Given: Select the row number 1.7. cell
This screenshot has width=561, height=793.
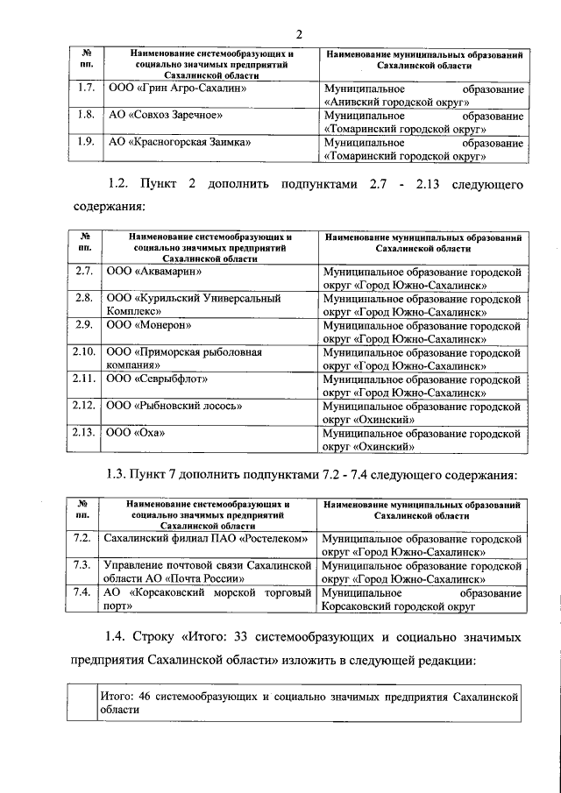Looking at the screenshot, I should [86, 89].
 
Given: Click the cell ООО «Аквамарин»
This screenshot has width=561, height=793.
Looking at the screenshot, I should [154, 272].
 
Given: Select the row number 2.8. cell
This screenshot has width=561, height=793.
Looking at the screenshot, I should [86, 298].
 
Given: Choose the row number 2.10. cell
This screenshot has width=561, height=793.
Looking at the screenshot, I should [84, 350].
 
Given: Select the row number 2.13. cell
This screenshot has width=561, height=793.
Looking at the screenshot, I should [84, 431].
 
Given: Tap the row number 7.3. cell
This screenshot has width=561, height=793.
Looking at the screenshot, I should [85, 564].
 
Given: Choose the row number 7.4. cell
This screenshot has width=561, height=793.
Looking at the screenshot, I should [85, 592].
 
